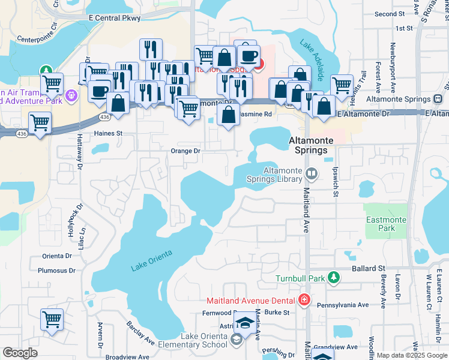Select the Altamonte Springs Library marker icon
(x=312, y=174)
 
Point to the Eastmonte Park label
(x=388, y=224)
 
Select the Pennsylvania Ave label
(x=343, y=305)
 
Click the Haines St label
(x=108, y=133)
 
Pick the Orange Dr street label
(x=185, y=151)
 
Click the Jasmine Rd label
(x=256, y=114)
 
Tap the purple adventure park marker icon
(x=71, y=94)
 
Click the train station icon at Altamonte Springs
(x=438, y=99)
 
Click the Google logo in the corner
(x=20, y=353)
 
